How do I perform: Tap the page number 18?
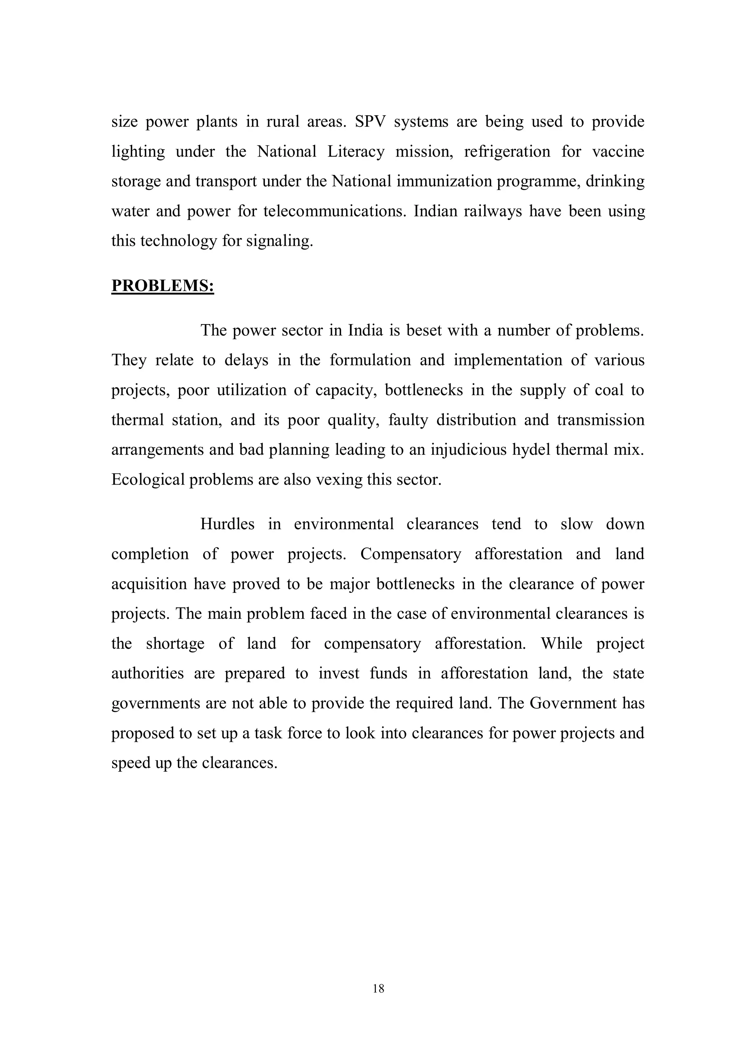point(378,988)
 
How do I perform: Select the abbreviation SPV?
point(369,122)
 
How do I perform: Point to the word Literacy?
point(356,152)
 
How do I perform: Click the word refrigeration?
point(507,152)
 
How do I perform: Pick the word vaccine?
point(618,152)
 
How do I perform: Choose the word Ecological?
point(148,480)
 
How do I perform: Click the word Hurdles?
point(227,524)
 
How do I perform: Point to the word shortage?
point(175,644)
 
